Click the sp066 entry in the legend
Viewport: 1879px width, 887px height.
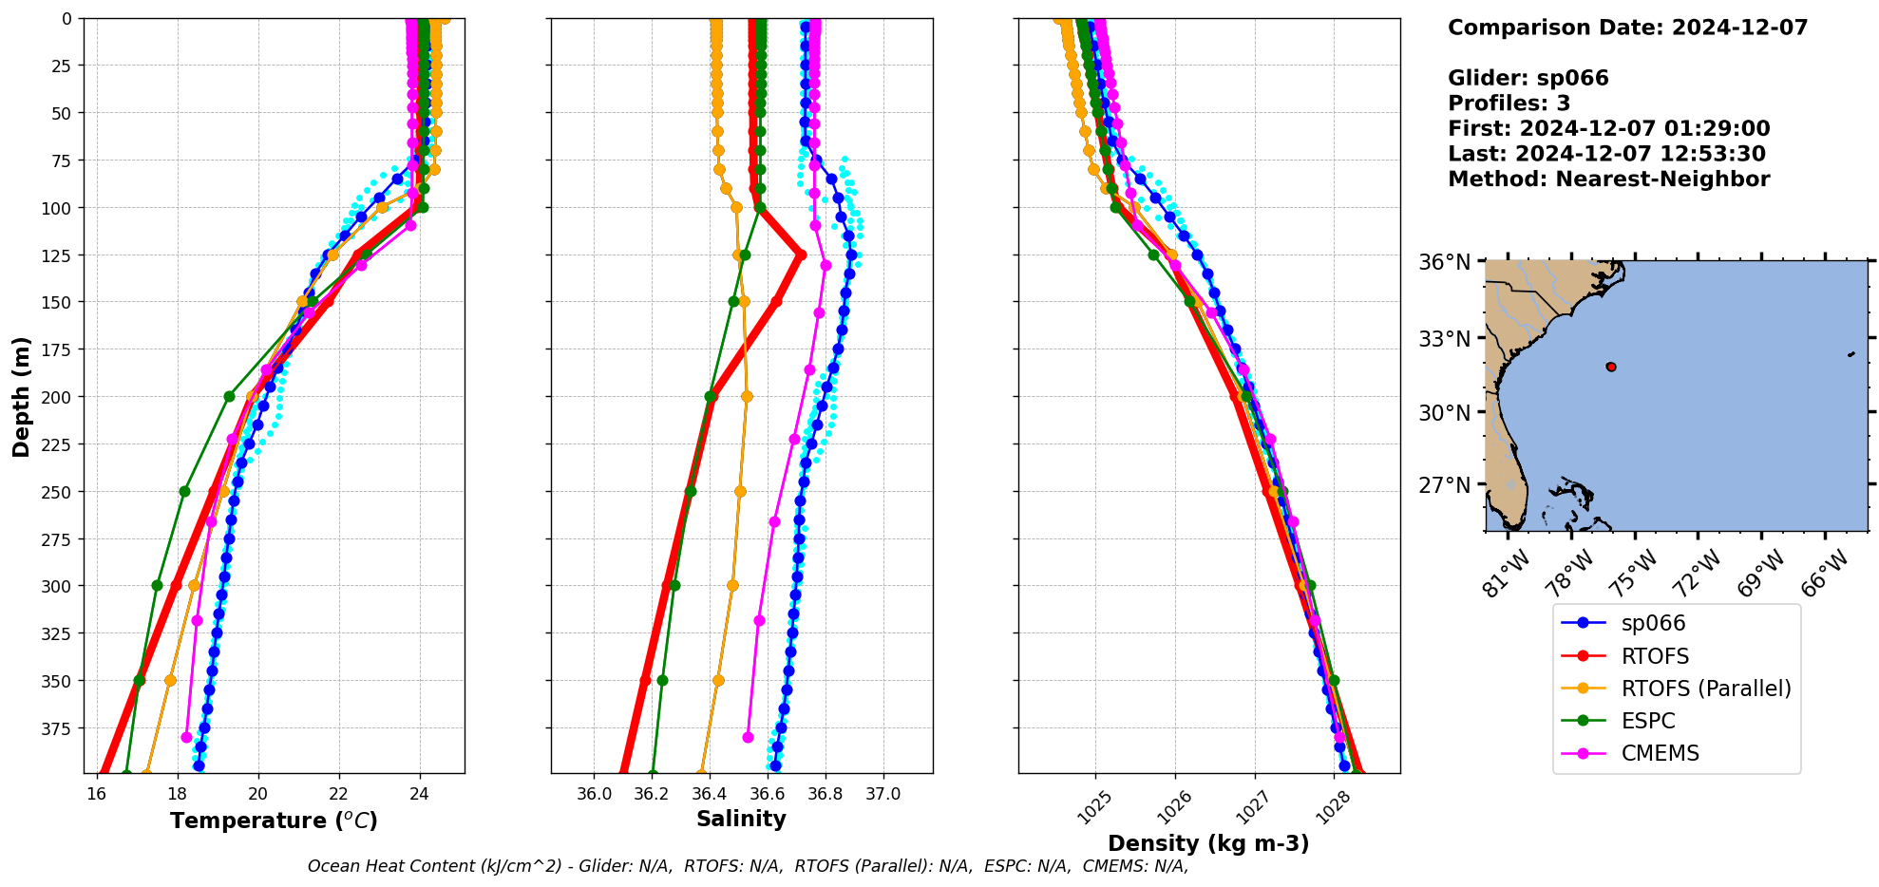1653,624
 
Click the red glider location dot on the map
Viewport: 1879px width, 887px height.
1611,367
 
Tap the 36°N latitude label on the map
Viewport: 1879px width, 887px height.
1444,262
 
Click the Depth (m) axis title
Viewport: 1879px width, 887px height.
21,396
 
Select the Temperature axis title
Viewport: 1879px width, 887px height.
274,821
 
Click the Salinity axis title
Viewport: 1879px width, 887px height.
741,819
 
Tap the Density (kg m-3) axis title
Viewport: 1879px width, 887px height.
1208,843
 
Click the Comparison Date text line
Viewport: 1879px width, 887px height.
1627,28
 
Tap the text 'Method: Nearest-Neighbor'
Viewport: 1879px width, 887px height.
1608,179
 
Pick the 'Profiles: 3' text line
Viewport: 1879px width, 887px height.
1509,104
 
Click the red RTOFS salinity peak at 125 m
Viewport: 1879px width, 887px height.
801,255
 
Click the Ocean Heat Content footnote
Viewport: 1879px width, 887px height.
748,866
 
